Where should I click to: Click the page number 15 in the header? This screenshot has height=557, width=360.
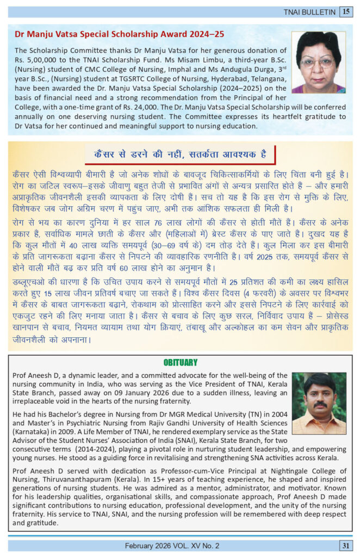point(346,12)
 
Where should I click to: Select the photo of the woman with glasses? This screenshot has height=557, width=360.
point(319,62)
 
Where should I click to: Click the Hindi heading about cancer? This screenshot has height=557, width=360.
point(179,154)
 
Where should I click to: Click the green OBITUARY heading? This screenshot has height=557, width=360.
point(180,362)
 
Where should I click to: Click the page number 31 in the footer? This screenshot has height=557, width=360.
point(345,545)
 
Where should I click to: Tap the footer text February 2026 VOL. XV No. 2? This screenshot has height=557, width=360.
point(171,545)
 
